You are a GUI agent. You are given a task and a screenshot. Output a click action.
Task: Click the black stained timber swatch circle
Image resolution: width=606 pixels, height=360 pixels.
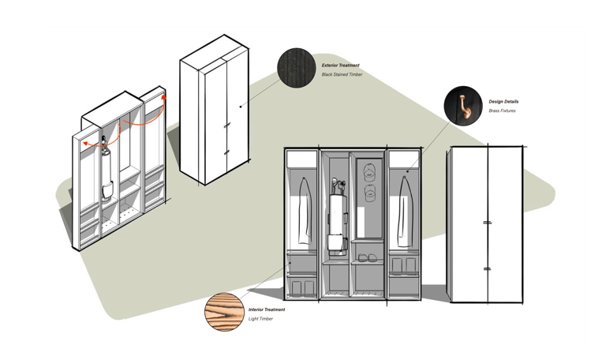(297, 69)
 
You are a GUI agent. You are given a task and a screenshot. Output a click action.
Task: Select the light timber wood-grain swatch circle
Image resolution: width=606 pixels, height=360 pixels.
(224, 312)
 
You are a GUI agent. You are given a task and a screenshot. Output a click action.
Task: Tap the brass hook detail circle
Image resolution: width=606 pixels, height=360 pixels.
(463, 106)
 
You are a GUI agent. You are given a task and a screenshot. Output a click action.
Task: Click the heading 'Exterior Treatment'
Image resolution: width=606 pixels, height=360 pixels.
(341, 66)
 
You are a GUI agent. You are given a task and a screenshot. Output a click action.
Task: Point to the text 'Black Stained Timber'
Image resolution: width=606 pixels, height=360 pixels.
(342, 75)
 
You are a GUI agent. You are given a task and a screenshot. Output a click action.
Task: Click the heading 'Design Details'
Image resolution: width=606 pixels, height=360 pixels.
(503, 102)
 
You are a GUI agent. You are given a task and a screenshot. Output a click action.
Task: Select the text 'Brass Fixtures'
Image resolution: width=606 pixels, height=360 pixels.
(502, 111)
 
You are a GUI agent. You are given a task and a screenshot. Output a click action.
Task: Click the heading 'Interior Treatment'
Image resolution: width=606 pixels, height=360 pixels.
(267, 310)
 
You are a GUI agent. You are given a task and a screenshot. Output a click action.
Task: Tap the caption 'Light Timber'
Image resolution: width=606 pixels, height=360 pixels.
(261, 319)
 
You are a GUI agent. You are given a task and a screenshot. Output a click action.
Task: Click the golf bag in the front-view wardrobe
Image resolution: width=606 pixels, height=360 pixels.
(337, 217)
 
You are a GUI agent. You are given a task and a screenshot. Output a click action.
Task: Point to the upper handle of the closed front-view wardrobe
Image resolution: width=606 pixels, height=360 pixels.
(488, 223)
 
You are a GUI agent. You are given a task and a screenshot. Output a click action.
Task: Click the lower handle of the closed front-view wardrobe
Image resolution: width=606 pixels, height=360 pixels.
(488, 269)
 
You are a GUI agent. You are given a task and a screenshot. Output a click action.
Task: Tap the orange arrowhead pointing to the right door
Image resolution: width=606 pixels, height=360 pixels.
(164, 98)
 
